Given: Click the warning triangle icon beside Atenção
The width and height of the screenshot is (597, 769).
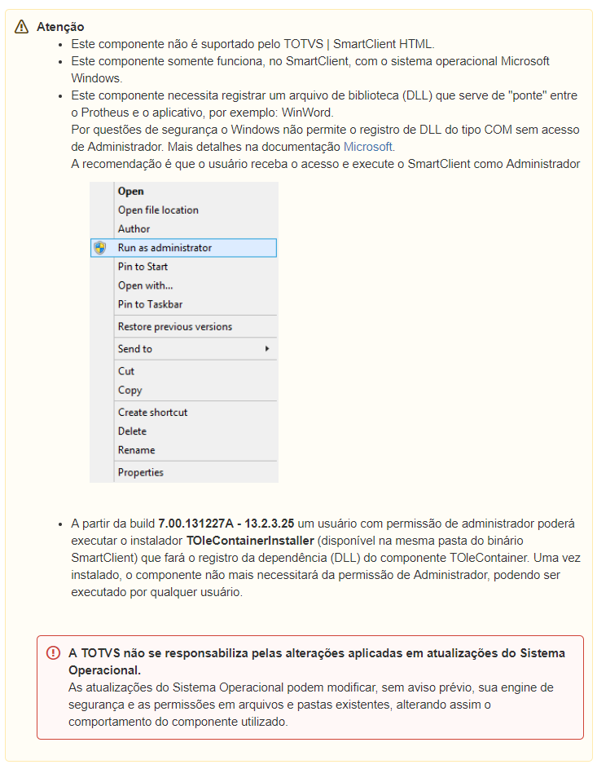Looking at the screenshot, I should click(x=22, y=27).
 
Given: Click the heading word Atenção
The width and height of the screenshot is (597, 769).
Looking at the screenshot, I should click(x=60, y=27).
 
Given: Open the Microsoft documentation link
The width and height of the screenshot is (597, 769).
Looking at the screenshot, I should click(x=368, y=147).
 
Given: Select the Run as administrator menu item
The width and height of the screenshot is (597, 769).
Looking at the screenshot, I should click(x=165, y=248).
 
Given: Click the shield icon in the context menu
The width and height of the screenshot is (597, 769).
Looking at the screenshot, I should click(x=100, y=248).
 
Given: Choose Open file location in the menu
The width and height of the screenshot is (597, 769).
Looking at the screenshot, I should click(x=158, y=210).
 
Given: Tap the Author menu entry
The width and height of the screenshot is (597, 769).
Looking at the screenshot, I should click(x=134, y=229).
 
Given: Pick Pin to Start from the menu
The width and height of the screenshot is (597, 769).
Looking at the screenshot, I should click(x=143, y=267).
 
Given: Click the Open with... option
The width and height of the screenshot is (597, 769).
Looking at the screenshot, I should click(x=145, y=285).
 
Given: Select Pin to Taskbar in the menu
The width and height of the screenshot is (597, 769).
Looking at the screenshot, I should click(x=150, y=304).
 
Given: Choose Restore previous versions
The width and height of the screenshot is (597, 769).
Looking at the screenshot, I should click(x=174, y=327).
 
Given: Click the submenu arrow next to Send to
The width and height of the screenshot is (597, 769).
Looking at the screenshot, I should click(x=267, y=349).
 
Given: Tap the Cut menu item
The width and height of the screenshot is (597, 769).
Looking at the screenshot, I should click(x=126, y=371).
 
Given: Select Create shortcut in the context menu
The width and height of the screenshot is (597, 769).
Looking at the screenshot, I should click(x=152, y=413).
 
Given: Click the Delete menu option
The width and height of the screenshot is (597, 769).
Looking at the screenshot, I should click(x=132, y=431).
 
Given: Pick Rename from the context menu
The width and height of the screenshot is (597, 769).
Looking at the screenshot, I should click(x=136, y=450).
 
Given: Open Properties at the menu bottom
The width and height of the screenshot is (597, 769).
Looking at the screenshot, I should click(x=140, y=472).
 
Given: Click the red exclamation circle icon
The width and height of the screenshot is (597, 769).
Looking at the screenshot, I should click(x=54, y=653).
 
